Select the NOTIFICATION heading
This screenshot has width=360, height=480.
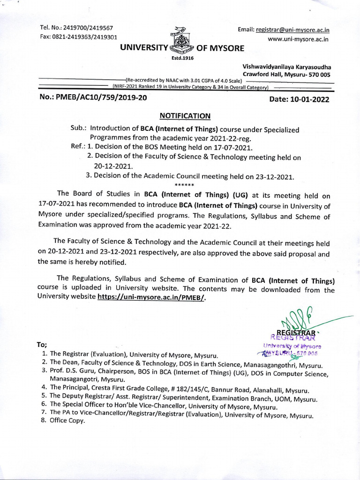[x=185, y=116]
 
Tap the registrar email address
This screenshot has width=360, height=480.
[x=292, y=30]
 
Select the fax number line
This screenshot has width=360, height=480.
[x=79, y=37]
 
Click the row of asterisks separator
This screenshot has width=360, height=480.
[x=181, y=185]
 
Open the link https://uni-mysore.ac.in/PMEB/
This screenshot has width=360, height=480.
[x=151, y=298]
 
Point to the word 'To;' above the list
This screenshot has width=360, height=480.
[x=42, y=345]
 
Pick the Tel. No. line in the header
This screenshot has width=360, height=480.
[x=77, y=29]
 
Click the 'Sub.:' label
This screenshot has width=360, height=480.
[x=79, y=129]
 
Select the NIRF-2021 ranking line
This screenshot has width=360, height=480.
[x=190, y=87]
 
